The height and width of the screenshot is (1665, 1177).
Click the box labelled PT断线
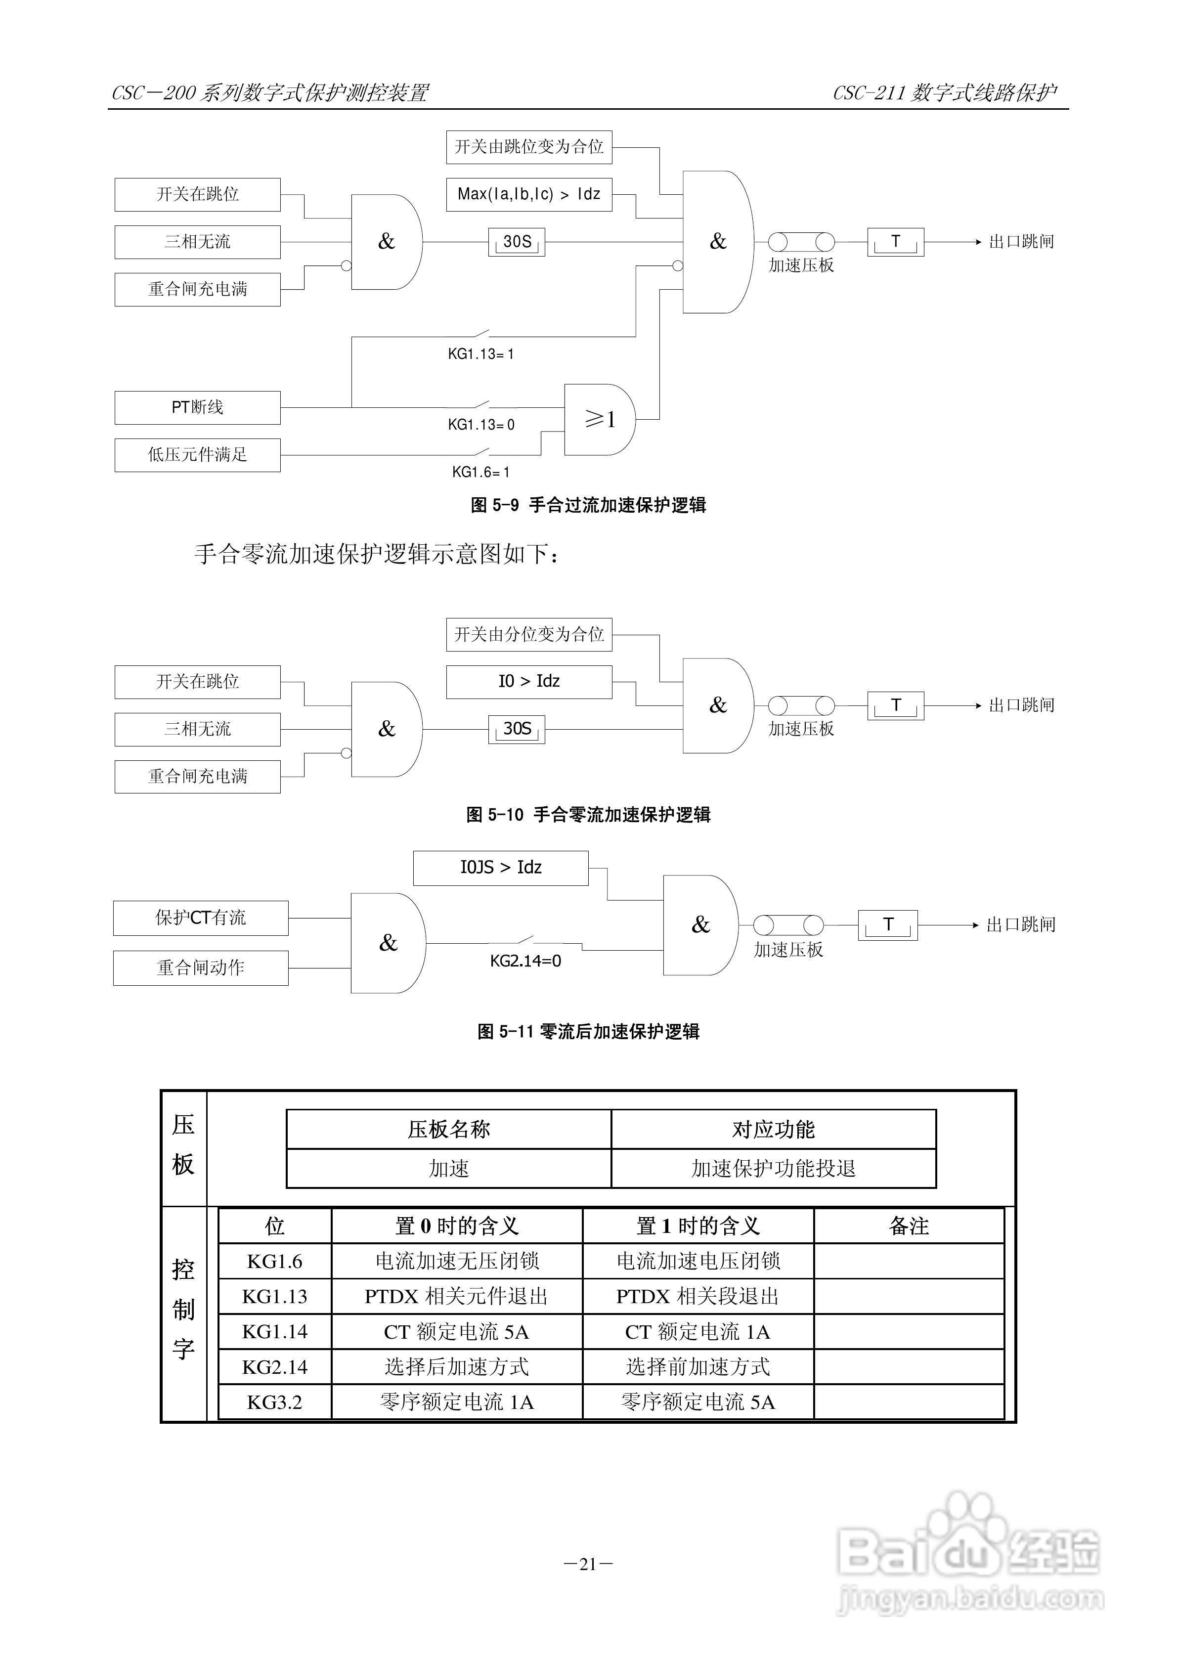click(x=197, y=407)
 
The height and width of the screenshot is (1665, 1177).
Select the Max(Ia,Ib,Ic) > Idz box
click(x=528, y=194)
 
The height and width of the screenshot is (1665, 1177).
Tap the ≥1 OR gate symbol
click(x=600, y=419)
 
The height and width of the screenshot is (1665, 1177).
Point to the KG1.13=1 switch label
click(x=481, y=354)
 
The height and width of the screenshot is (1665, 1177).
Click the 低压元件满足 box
click(x=197, y=455)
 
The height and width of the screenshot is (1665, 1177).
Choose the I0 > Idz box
click(x=528, y=682)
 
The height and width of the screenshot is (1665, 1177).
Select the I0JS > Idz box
click(x=500, y=868)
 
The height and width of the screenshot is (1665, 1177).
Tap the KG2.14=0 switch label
click(x=525, y=961)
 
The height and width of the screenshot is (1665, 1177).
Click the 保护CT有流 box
click(x=200, y=918)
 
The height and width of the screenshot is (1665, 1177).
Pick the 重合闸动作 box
click(x=200, y=967)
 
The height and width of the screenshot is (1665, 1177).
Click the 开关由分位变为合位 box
click(x=528, y=635)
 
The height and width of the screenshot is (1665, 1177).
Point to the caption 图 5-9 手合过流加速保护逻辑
click(x=588, y=505)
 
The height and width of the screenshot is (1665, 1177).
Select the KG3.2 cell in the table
click(x=274, y=1402)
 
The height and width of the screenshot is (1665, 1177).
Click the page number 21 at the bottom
click(x=588, y=1564)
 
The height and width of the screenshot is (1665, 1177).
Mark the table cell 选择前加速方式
click(x=697, y=1367)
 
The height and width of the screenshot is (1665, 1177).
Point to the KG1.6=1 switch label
click(x=481, y=472)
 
